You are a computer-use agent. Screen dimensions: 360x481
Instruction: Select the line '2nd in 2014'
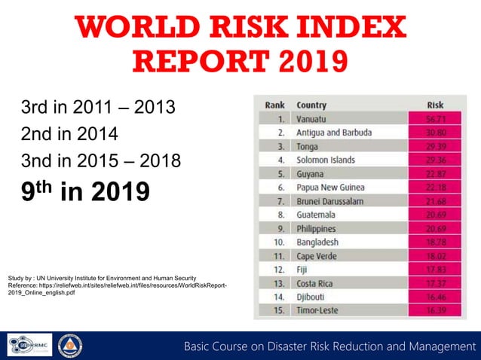pos(69,134)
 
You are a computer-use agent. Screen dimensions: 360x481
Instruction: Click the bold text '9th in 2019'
pos(85,191)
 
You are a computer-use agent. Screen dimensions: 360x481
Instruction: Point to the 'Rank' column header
pos(274,105)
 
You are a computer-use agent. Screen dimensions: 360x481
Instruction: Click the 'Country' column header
pos(311,105)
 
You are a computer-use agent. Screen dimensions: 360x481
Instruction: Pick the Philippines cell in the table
pos(320,228)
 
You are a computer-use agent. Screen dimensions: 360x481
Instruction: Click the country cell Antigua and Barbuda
pos(334,133)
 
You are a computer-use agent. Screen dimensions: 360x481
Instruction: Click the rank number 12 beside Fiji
pos(280,270)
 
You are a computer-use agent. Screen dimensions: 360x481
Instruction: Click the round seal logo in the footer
pos(70,346)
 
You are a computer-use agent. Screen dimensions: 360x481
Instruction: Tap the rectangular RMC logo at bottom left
pos(30,346)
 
